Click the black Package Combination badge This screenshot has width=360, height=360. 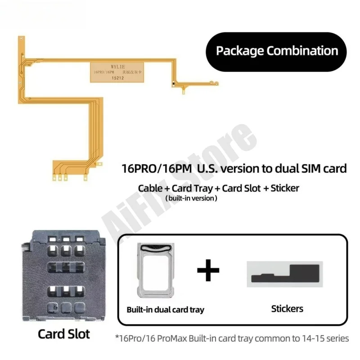(x=276, y=51)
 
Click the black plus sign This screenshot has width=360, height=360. (x=208, y=270)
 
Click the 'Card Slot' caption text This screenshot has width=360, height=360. (x=63, y=334)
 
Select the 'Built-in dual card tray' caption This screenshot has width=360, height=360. (x=165, y=309)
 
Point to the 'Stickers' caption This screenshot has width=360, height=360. (x=287, y=309)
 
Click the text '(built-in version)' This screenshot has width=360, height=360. (x=191, y=198)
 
